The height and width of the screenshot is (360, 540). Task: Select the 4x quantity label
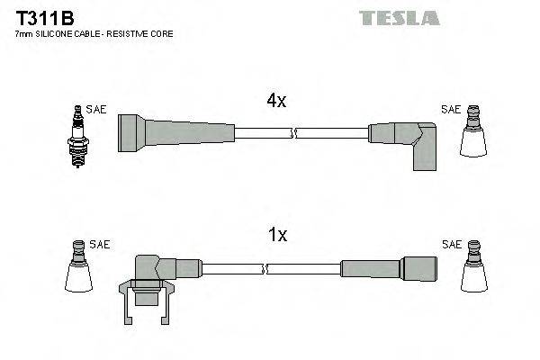point(276,102)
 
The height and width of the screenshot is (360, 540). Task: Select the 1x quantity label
point(277,235)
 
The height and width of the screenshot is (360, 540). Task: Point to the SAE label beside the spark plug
point(97,110)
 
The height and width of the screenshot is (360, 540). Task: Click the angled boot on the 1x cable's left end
point(157,270)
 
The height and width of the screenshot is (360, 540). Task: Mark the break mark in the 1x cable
point(265,268)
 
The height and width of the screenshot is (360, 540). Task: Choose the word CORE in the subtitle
point(161,33)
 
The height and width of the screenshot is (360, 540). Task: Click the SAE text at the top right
point(450,110)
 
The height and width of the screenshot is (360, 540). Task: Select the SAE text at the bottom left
point(100,244)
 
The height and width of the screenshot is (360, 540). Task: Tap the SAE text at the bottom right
point(451,244)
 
